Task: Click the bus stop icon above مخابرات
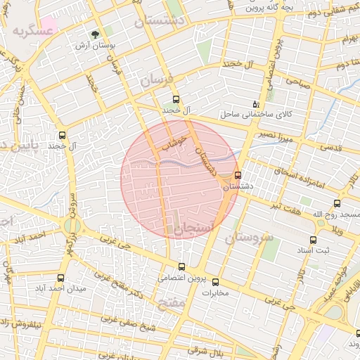click(216, 282)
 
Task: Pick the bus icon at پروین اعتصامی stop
click(182, 266)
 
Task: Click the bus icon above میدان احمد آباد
click(60, 278)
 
